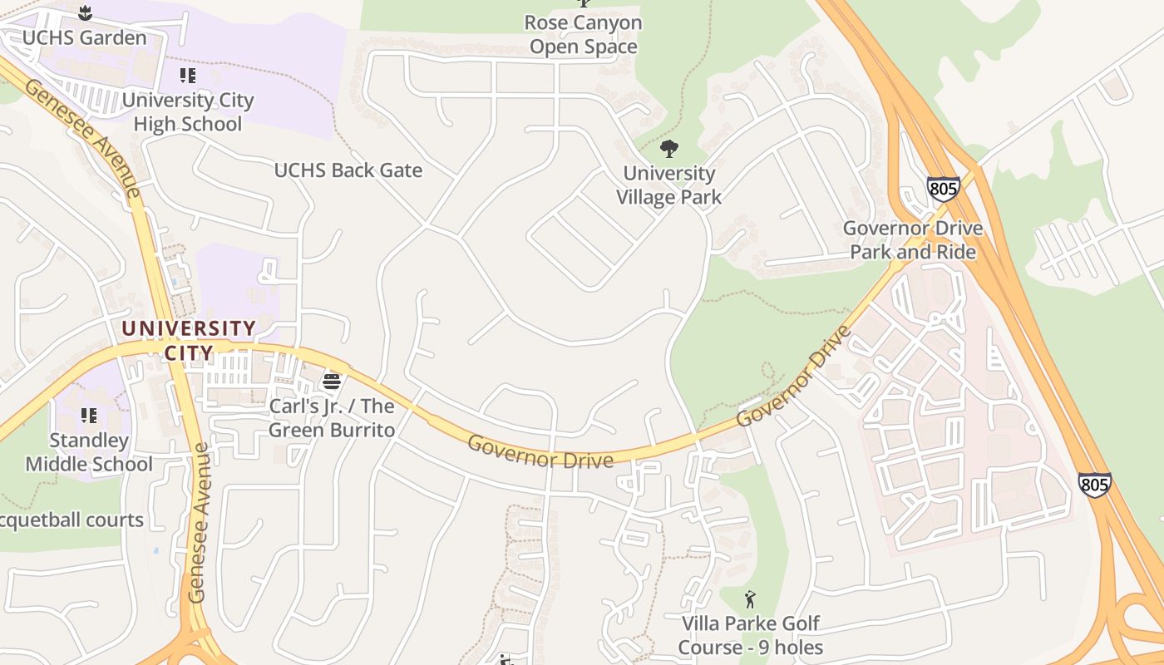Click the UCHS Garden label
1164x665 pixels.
[x=84, y=37]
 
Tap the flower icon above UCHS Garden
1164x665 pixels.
[x=84, y=12]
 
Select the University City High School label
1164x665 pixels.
[x=188, y=112]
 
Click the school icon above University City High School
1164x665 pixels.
[x=188, y=76]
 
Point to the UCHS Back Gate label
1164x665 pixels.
[x=348, y=170]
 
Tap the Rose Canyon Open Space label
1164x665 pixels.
[x=584, y=35]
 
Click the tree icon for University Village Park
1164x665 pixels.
[x=668, y=150]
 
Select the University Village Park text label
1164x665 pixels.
[x=668, y=185]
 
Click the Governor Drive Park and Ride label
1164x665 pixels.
[x=913, y=239]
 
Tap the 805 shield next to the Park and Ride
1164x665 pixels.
[x=944, y=189]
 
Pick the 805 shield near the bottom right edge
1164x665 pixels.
[x=1094, y=485]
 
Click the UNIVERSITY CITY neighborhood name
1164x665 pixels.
[x=189, y=340]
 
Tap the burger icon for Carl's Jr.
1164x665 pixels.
[x=332, y=382]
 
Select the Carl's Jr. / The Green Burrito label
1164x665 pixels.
[x=331, y=418]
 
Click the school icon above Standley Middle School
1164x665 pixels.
[x=88, y=415]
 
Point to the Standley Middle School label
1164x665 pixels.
[x=89, y=452]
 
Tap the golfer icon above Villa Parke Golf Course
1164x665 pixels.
[x=750, y=598]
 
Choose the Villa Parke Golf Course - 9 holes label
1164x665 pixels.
[x=750, y=635]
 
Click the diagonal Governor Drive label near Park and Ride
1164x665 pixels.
[x=794, y=376]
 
